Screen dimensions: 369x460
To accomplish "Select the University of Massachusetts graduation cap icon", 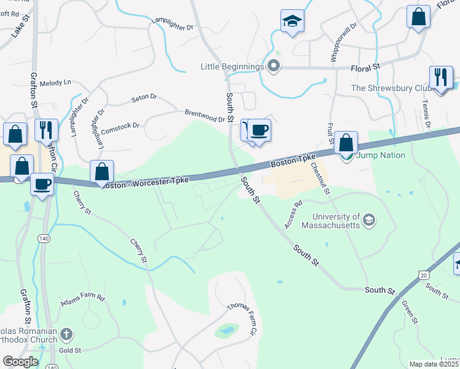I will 369,220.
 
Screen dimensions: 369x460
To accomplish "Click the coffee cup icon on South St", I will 259,130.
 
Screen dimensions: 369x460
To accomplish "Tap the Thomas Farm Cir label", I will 241,318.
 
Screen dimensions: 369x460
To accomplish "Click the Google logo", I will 20,362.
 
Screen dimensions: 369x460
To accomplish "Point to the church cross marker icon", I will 66,335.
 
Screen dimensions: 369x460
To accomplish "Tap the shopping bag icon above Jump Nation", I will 346,143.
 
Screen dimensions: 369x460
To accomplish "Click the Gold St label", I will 70,351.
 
